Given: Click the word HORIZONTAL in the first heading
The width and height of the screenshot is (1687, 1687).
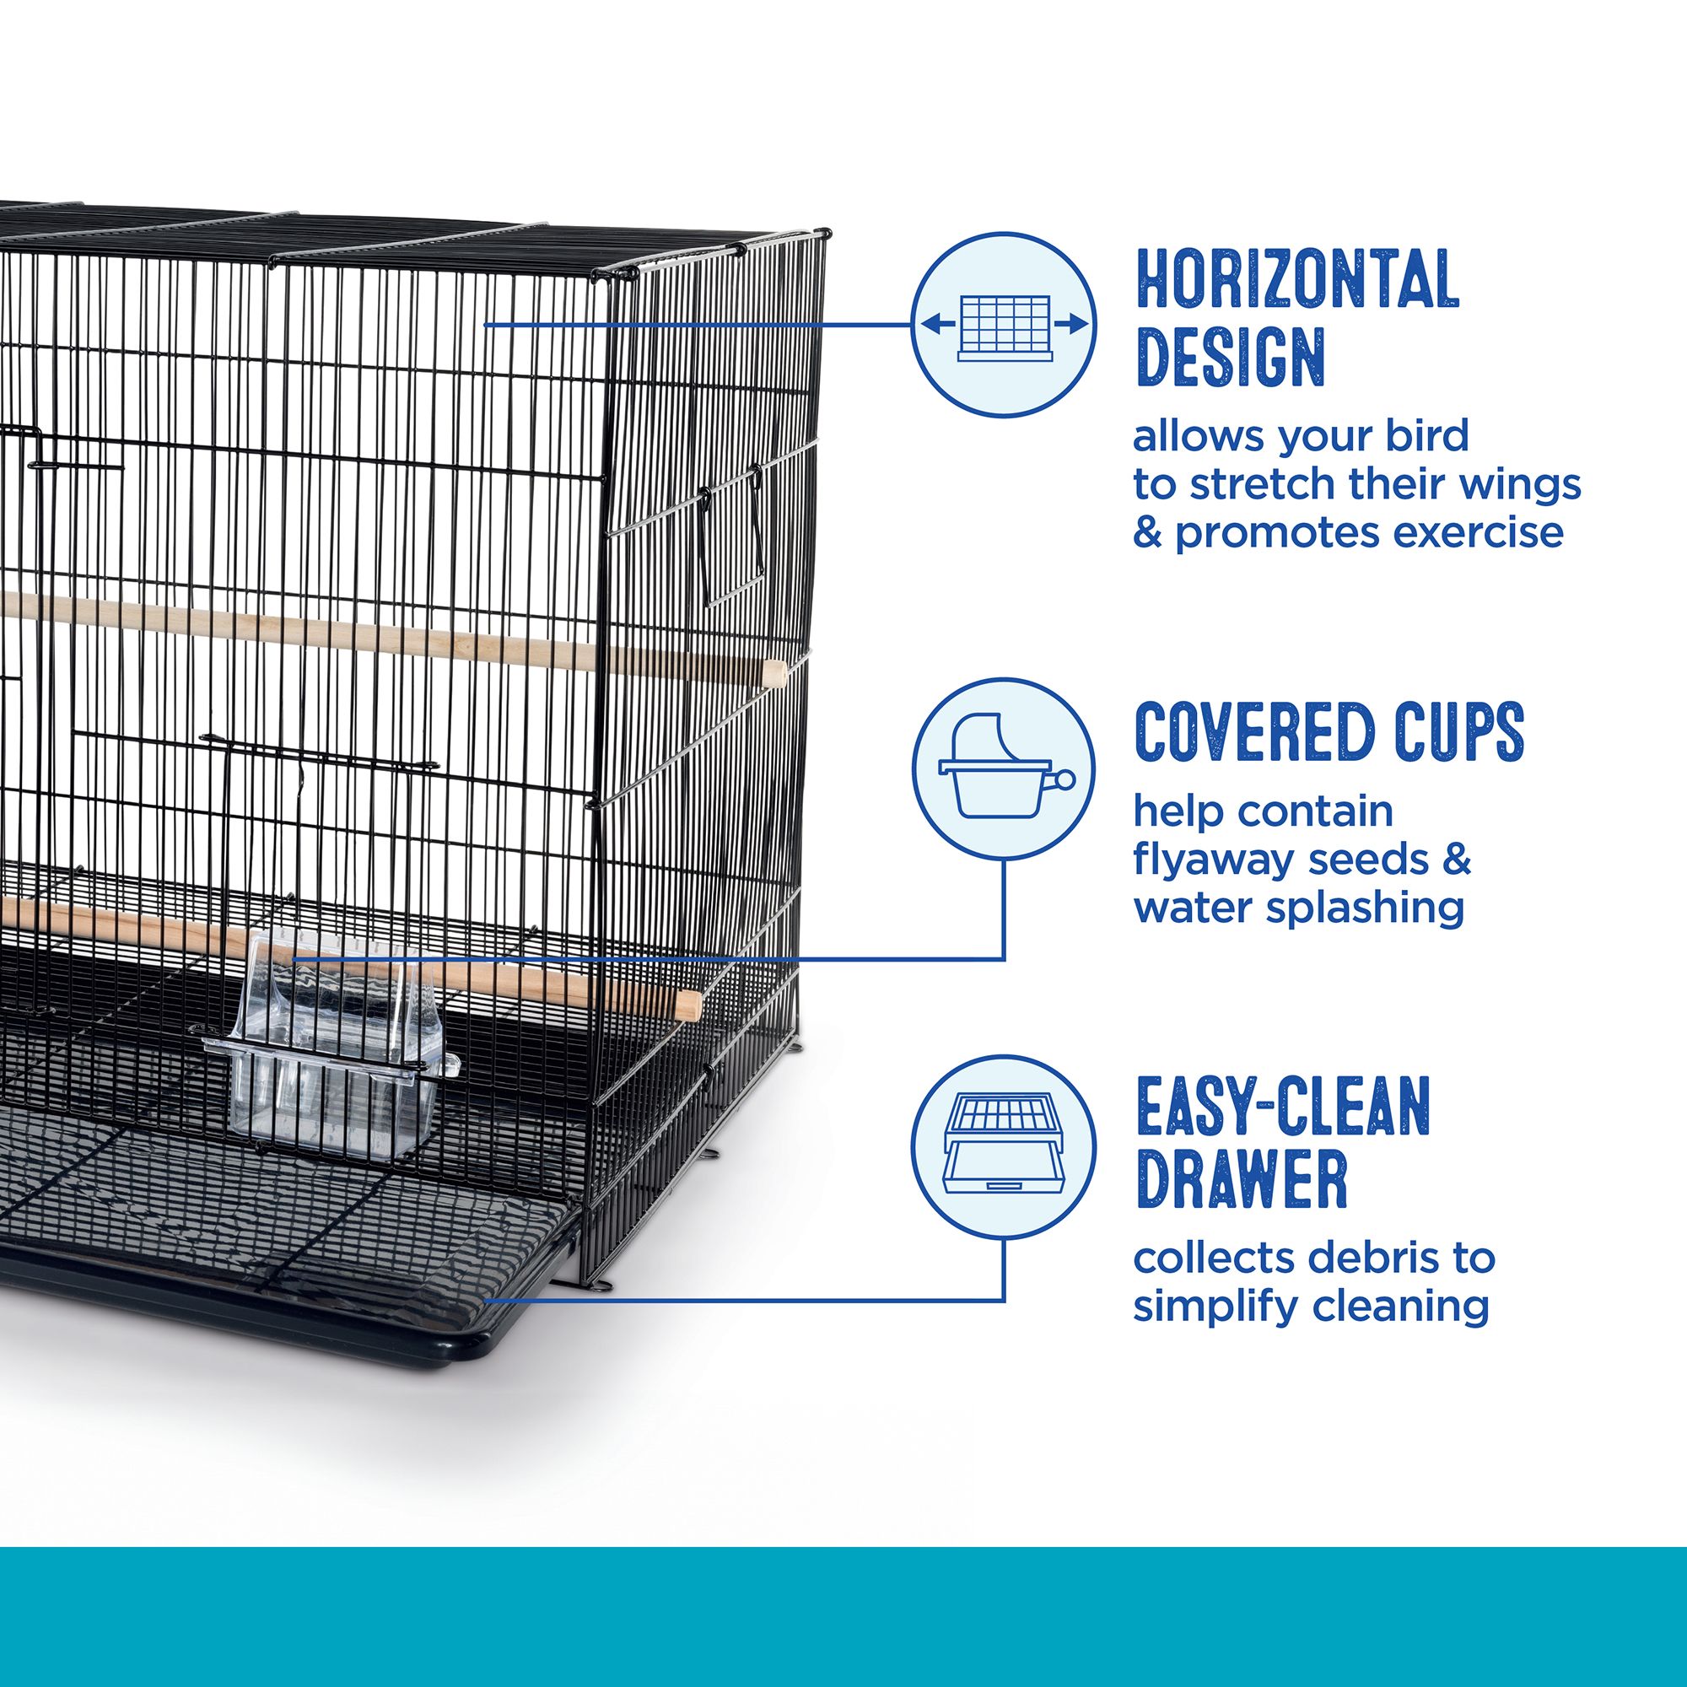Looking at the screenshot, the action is point(1297,278).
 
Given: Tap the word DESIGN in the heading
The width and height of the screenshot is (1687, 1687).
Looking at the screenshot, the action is point(1232,356).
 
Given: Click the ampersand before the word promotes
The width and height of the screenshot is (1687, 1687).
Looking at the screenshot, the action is point(1147,531).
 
